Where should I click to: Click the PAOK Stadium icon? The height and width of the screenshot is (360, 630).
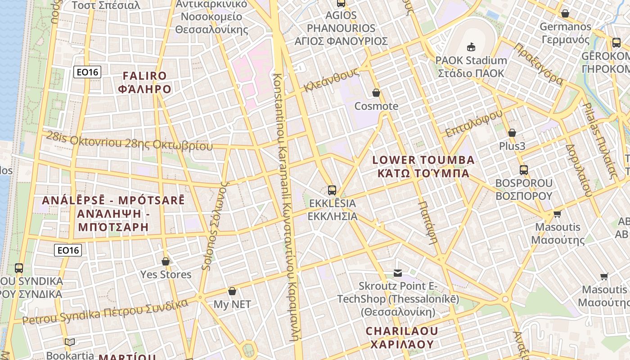pyautogui.click(x=471, y=47)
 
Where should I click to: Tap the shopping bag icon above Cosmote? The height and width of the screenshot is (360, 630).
pyautogui.click(x=376, y=93)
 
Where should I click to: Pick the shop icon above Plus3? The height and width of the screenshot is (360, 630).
pyautogui.click(x=512, y=133)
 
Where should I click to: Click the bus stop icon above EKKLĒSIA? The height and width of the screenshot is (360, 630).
pyautogui.click(x=332, y=190)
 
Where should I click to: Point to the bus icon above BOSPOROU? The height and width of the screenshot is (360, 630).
pyautogui.click(x=524, y=170)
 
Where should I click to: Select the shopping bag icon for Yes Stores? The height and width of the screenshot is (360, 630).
pyautogui.click(x=166, y=261)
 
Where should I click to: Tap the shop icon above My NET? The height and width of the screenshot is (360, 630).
pyautogui.click(x=232, y=292)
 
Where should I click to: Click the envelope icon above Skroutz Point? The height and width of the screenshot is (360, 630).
pyautogui.click(x=398, y=273)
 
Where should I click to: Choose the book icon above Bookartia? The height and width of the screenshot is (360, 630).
pyautogui.click(x=70, y=342)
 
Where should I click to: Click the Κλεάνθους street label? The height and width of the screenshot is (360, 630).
pyautogui.click(x=331, y=80)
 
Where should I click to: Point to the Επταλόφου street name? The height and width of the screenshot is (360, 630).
pyautogui.click(x=473, y=122)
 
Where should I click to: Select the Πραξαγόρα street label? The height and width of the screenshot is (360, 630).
pyautogui.click(x=538, y=64)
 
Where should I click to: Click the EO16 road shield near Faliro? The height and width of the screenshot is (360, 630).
pyautogui.click(x=87, y=72)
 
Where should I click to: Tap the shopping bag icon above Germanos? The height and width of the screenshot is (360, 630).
pyautogui.click(x=565, y=13)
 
